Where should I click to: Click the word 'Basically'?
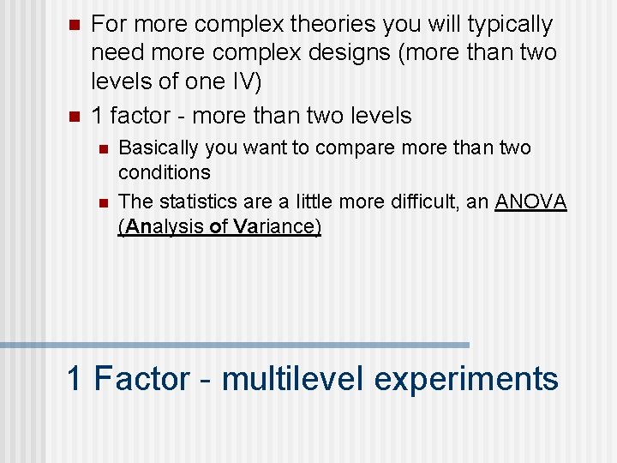(x=158, y=148)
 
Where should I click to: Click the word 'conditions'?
(x=165, y=172)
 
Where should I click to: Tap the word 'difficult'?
(x=434, y=202)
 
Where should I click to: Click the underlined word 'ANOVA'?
(x=531, y=202)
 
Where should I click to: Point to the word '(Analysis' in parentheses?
(x=162, y=227)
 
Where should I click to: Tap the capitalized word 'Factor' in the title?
(x=141, y=378)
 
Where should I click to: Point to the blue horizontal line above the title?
(x=235, y=345)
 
